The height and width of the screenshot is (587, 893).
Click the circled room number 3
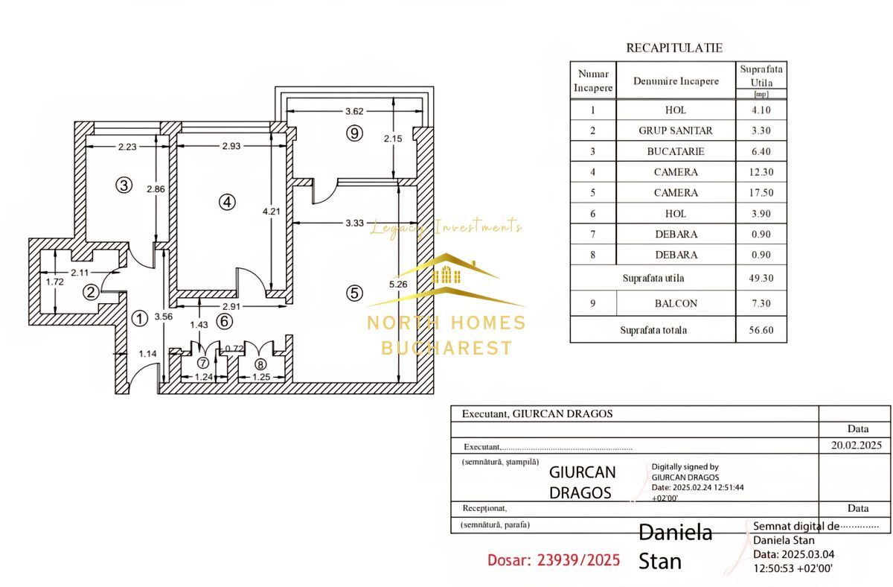(124, 185)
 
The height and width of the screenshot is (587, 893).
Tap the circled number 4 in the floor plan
(227, 201)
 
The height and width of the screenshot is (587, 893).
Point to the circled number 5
(355, 293)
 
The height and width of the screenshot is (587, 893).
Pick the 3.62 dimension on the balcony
(354, 112)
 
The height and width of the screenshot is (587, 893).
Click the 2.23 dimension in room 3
(127, 147)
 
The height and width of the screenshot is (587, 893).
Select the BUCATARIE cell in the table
(675, 151)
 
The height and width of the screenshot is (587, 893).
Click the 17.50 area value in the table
(761, 193)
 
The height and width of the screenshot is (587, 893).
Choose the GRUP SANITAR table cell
(675, 130)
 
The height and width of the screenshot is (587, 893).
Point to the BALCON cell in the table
(675, 303)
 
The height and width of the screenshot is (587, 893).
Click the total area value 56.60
(761, 330)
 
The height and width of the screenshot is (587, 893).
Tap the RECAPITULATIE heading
(674, 48)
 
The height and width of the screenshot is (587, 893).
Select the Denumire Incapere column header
(675, 81)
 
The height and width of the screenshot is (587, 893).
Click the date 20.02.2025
(855, 445)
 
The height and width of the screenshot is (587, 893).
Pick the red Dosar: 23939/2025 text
(554, 560)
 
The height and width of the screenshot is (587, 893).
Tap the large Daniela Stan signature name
(675, 546)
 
